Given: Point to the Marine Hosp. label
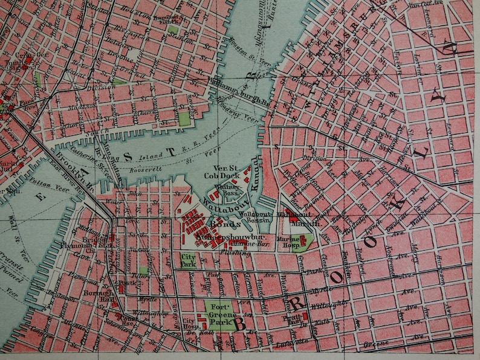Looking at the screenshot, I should click(x=288, y=240).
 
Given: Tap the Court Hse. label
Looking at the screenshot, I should click(x=127, y=319).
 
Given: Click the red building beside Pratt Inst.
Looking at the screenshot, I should click(x=305, y=316).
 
